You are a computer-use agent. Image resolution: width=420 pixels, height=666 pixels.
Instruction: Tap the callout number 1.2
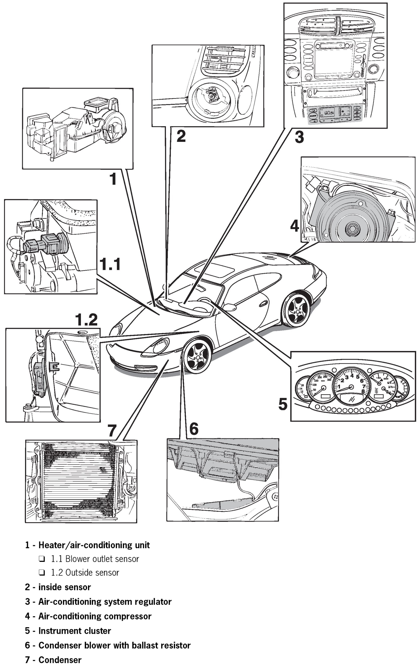coord(86,320)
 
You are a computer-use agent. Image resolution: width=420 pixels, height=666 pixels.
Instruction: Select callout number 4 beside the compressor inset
coord(294,226)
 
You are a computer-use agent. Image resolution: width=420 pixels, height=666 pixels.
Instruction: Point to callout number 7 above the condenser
coord(112,430)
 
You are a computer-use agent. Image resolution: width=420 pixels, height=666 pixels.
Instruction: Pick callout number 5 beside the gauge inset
coord(283,404)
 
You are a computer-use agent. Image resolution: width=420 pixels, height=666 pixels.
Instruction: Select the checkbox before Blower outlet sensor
coord(42,559)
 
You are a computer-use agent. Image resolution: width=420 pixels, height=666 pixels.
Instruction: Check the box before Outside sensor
coord(42,573)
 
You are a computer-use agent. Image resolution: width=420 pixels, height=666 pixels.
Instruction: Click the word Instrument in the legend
coord(57,631)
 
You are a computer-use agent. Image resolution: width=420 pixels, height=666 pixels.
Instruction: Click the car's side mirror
coord(229,307)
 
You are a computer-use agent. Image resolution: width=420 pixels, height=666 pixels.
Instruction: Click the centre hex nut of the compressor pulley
coord(352,229)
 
